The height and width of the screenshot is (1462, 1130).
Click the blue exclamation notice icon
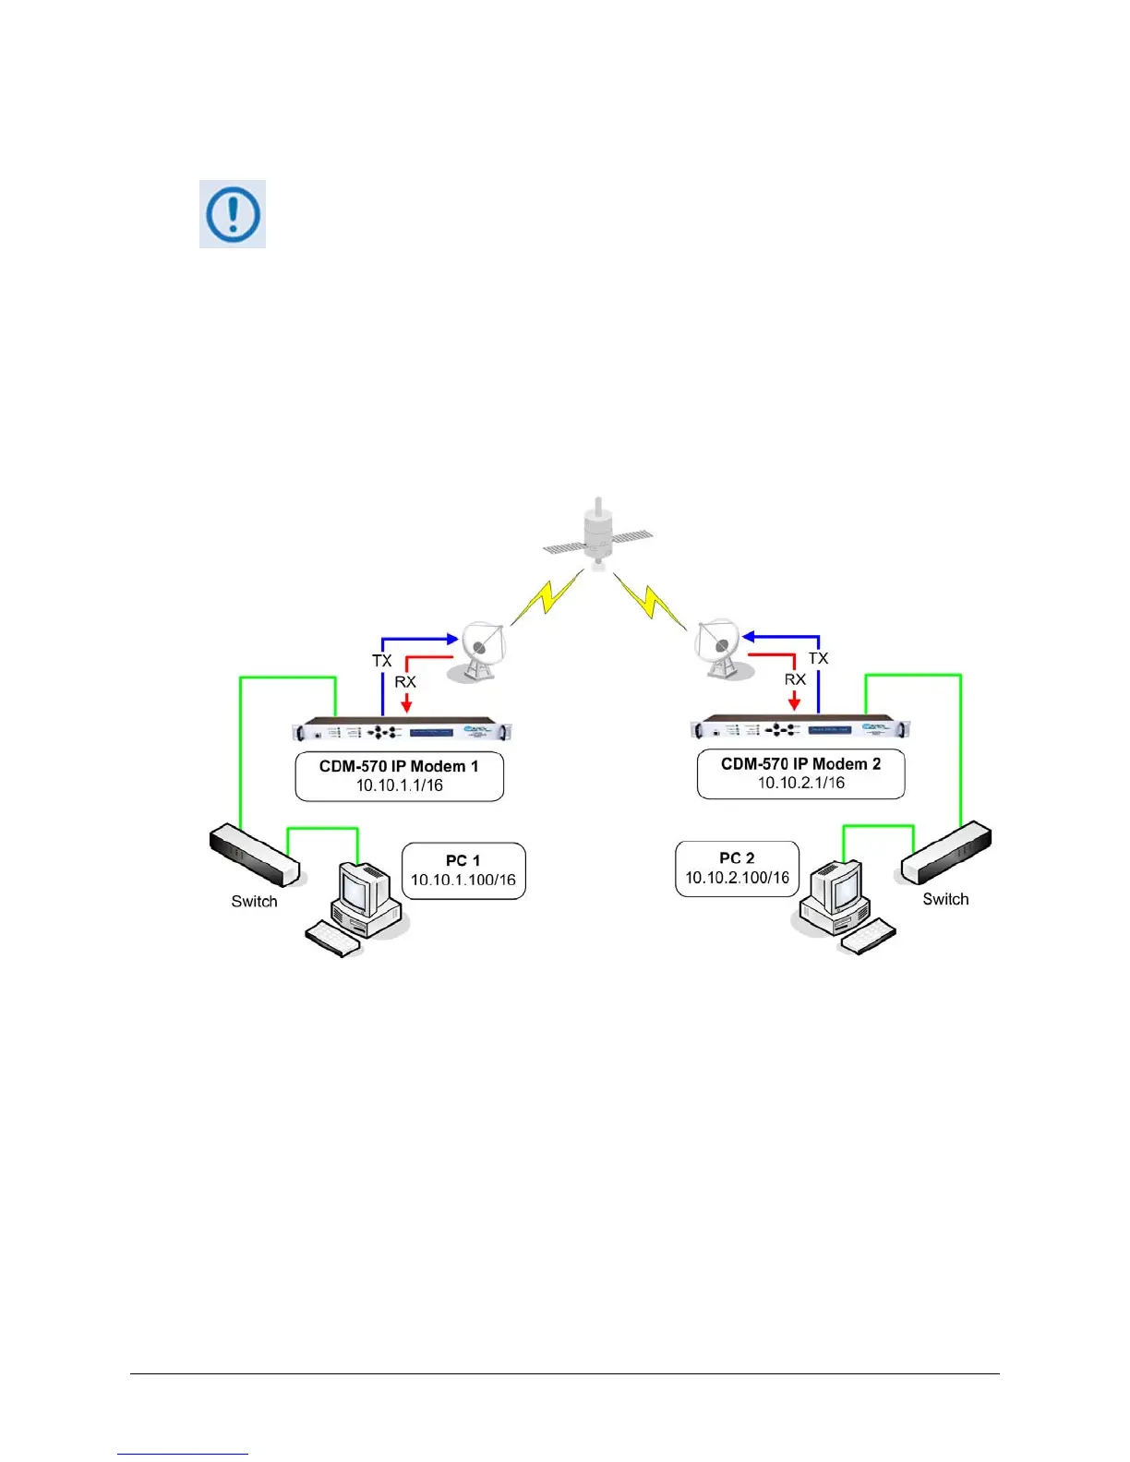coord(233,214)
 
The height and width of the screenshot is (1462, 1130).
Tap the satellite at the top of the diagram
coord(598,534)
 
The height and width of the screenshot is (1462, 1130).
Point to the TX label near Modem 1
coord(382,661)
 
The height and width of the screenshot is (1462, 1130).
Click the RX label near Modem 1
coord(405,682)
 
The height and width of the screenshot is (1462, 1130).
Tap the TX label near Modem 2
coord(818,658)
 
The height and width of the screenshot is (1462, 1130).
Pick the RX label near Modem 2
coord(795,679)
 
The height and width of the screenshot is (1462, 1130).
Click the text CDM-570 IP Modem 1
coord(399,766)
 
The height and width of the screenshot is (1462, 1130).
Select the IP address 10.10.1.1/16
coord(400,785)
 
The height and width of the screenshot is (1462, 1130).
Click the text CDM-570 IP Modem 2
coord(800,763)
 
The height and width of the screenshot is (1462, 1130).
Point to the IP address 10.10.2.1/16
coord(801,783)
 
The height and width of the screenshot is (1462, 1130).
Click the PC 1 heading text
coord(463,860)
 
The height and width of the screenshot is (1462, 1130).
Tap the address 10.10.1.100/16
coord(463,880)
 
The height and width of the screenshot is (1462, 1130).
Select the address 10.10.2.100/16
coord(737,878)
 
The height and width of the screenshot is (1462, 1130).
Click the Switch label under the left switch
coord(254,902)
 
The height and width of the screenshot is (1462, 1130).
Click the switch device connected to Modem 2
coord(946,855)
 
